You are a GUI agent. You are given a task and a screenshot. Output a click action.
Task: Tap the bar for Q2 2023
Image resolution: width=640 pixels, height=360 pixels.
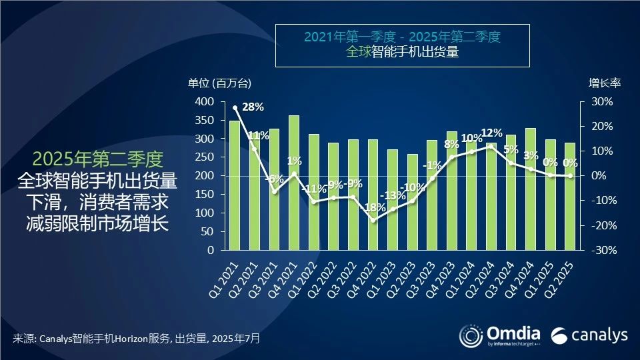(412, 207)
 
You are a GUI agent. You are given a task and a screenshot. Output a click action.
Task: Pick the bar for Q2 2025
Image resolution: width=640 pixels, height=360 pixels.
(570, 200)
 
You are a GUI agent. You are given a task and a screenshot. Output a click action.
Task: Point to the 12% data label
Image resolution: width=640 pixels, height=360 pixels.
(491, 132)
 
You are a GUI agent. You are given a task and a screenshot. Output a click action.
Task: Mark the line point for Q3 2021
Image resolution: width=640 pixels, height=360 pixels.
(274, 191)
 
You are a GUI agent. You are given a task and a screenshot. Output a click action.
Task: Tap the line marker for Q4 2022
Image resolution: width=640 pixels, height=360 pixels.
(373, 220)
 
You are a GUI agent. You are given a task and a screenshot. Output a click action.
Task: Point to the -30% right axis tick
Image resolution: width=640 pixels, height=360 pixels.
(599, 250)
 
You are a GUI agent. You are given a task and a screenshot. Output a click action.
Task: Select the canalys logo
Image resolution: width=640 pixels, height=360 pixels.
(589, 335)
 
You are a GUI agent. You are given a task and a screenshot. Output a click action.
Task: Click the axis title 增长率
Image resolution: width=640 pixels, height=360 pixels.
(604, 83)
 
